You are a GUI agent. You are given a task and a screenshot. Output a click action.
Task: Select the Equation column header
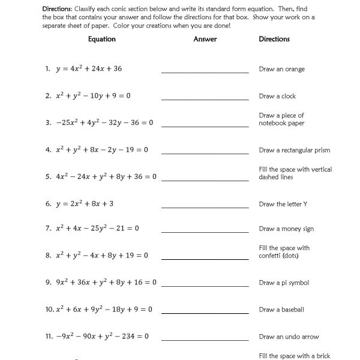pyautogui.click(x=101, y=39)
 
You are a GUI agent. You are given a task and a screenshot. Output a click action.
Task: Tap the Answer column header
pyautogui.click(x=205, y=39)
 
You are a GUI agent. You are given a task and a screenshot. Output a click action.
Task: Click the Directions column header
pyautogui.click(x=274, y=39)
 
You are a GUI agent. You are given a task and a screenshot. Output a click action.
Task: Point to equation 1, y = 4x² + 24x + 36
pyautogui.click(x=89, y=69)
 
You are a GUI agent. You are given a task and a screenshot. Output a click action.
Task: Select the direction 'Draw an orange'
pyautogui.click(x=281, y=69)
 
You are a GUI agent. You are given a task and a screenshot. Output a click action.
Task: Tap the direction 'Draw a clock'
pyautogui.click(x=277, y=96)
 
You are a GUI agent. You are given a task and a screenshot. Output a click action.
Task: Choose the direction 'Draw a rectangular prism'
pyautogui.click(x=295, y=150)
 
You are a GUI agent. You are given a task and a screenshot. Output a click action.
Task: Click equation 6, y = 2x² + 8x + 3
pyautogui.click(x=85, y=204)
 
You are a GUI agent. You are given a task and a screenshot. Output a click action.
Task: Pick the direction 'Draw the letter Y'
pyautogui.click(x=283, y=204)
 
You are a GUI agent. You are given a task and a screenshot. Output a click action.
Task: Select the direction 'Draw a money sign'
pyautogui.click(x=286, y=229)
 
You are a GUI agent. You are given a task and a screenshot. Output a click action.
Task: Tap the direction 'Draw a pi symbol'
pyautogui.click(x=284, y=283)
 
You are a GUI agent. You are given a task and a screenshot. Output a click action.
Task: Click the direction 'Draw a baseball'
pyautogui.click(x=281, y=310)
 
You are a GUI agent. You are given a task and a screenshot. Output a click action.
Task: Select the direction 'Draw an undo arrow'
pyautogui.click(x=289, y=337)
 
